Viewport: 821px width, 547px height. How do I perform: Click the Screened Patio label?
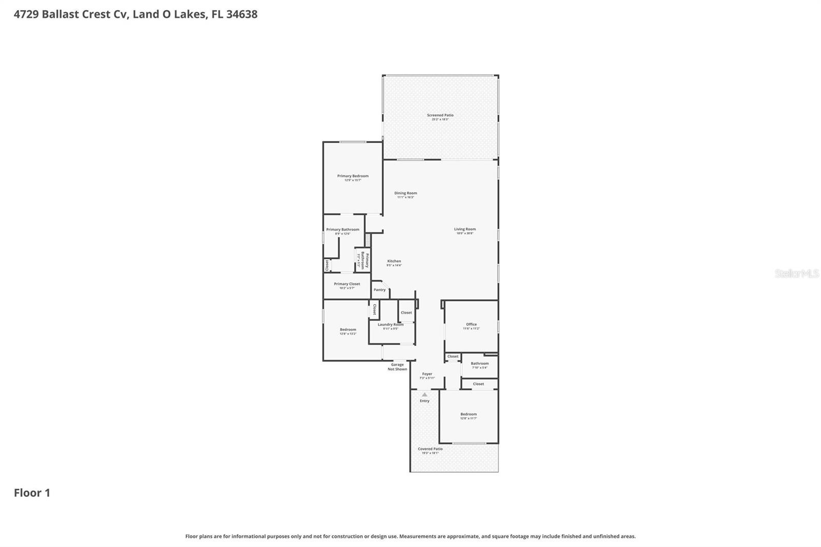coord(440,115)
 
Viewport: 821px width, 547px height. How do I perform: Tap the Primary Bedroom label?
coord(353,177)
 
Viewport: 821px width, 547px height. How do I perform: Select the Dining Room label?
coord(405,193)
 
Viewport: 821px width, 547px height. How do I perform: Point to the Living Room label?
coord(465,229)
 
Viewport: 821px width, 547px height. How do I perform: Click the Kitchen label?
coord(394,262)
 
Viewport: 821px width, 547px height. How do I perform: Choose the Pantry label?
coord(380,290)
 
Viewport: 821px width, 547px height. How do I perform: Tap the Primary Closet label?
coord(347,284)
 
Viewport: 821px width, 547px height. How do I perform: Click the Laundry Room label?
coord(390,325)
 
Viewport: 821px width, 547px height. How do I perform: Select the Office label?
coord(471,325)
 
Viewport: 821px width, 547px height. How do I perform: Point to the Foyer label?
coord(427,375)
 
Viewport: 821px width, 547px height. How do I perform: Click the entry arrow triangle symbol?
coord(424,395)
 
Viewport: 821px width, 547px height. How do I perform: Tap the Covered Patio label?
coord(430,449)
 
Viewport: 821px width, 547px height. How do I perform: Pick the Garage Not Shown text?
coord(397,367)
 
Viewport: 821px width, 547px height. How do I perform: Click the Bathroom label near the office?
coord(480,364)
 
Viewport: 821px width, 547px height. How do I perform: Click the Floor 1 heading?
coord(32,493)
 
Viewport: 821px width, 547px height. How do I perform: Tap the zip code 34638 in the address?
coord(242,14)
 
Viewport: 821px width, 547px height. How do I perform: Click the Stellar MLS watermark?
coord(796,274)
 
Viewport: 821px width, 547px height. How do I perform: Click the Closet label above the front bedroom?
coord(478,384)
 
